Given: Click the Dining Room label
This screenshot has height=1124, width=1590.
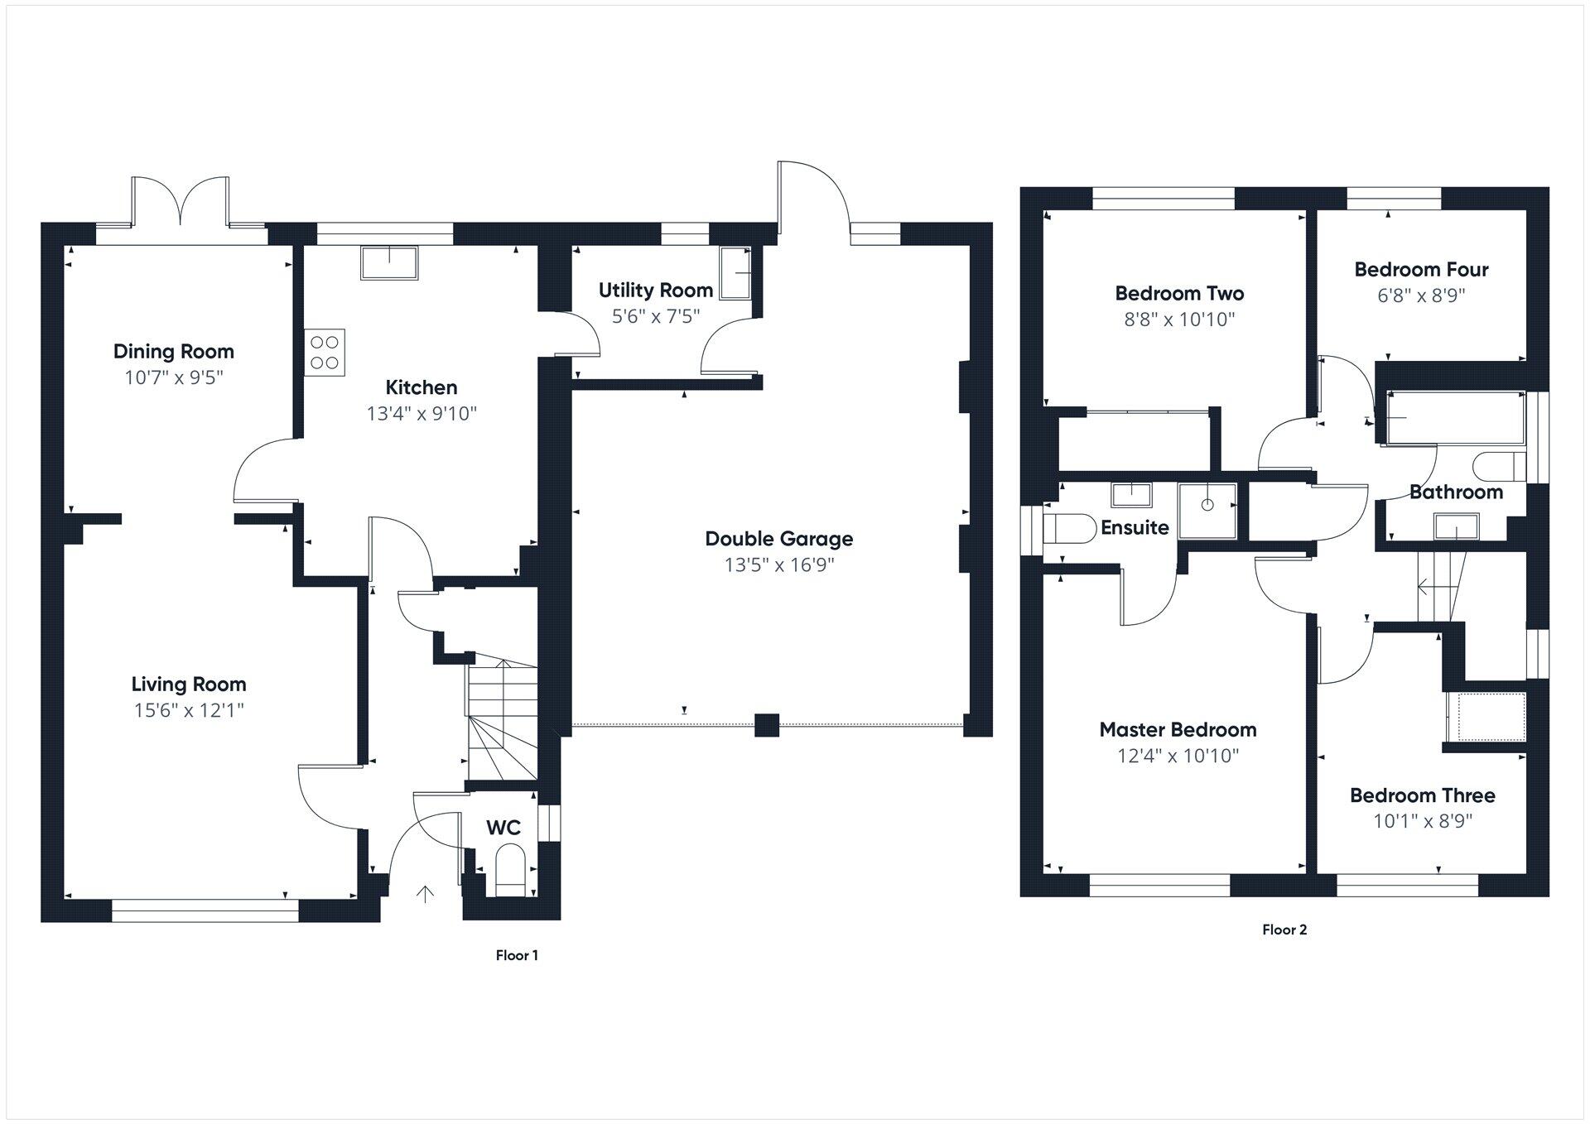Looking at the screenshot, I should (x=174, y=351).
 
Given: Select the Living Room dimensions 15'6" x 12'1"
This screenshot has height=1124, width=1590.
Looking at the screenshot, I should (x=189, y=710).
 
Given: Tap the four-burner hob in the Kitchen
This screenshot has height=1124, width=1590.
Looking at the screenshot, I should (x=325, y=353).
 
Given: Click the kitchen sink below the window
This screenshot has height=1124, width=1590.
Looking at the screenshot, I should (x=390, y=263).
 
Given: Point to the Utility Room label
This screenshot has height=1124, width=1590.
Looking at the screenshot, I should (x=655, y=290).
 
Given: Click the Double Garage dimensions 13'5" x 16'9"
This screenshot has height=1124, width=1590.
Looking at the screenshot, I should (x=778, y=564).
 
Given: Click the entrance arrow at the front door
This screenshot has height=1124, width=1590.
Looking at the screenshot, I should (x=425, y=894).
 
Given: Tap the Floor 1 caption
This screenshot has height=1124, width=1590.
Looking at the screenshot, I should (x=517, y=955).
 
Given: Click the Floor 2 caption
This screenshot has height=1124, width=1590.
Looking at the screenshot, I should (x=1284, y=929).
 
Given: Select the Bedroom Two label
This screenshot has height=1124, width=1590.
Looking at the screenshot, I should (x=1179, y=293).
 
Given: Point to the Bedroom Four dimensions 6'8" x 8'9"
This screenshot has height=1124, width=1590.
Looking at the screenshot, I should (x=1421, y=295).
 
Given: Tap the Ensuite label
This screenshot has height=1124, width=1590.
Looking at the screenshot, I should (x=1135, y=527).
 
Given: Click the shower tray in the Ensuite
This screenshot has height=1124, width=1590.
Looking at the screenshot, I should (x=1207, y=510).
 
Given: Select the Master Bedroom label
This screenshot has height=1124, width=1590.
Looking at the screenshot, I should (x=1178, y=729).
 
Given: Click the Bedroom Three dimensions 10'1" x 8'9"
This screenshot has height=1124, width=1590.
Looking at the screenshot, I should (x=1422, y=821).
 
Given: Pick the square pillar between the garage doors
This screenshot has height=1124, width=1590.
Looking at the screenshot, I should (x=767, y=725).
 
